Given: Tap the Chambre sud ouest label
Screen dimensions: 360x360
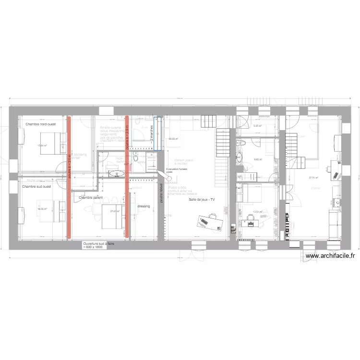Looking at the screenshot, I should (x=36, y=186).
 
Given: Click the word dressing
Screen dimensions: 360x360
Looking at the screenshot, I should (x=144, y=206).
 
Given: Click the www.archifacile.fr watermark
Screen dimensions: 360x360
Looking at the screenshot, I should (x=330, y=256).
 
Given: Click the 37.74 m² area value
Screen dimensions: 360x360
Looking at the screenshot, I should (x=314, y=178).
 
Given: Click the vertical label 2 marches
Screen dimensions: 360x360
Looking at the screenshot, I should (x=151, y=134).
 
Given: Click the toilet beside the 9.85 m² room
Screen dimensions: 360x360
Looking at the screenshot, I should (x=243, y=142).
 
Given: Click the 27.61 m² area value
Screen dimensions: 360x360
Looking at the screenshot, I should (x=114, y=211).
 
